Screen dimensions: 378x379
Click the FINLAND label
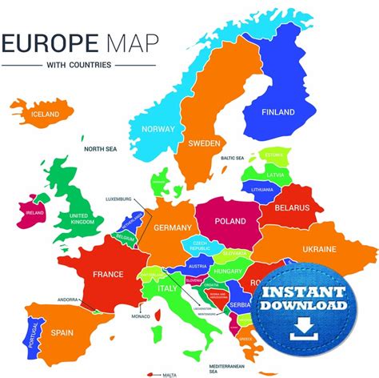[278, 111]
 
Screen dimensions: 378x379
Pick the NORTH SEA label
[102, 148]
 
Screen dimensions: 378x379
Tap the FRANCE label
[108, 274]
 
